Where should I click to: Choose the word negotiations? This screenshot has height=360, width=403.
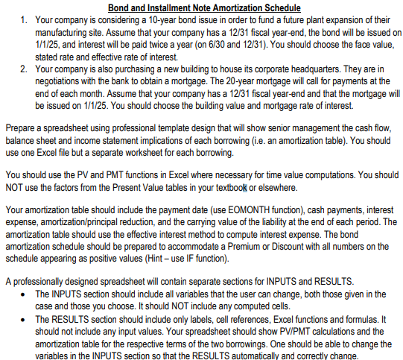[x=62, y=83]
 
